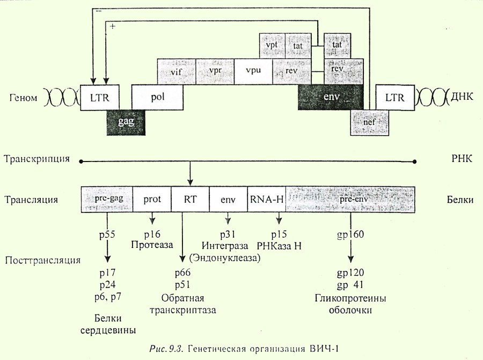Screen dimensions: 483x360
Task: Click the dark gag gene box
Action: [126, 122]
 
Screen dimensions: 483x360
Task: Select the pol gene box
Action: [157, 97]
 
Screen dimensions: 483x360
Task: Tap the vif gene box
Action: [177, 72]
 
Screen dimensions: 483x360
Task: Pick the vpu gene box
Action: [253, 72]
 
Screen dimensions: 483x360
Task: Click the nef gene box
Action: [369, 122]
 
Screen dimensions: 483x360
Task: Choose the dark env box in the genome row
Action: [331, 97]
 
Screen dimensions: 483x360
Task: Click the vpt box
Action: [272, 46]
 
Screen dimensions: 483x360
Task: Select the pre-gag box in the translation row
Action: [107, 199]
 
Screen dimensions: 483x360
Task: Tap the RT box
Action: [190, 199]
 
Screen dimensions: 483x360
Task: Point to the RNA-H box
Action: [267, 199]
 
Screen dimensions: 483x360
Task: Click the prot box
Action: [152, 199]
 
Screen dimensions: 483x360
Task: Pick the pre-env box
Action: [350, 199]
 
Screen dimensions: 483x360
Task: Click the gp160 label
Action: [350, 234]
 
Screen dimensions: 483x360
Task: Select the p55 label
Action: [107, 234]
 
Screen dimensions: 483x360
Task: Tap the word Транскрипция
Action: [36, 159]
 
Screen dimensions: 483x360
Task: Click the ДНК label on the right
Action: [462, 97]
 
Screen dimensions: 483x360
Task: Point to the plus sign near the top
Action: [113, 26]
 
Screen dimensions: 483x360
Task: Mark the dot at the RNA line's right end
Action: [415, 161]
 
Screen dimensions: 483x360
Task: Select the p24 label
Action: [107, 285]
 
